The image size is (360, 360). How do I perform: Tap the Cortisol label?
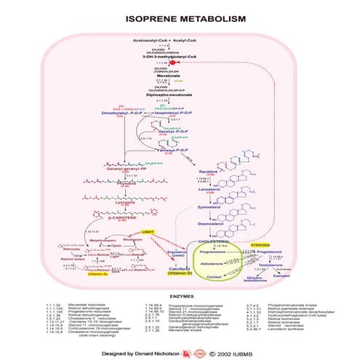click(x=213, y=277)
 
